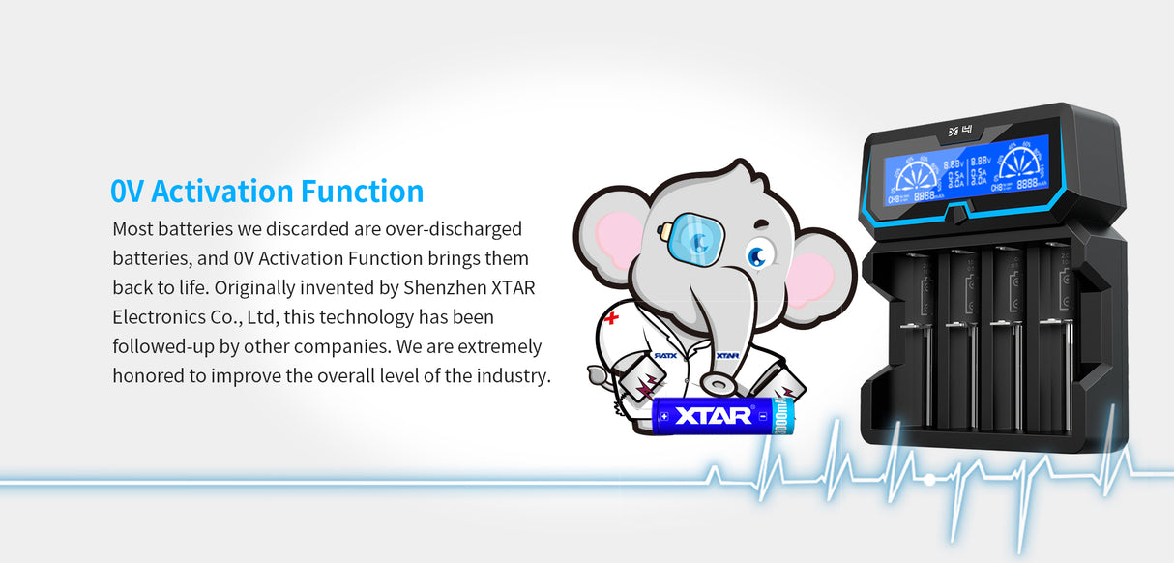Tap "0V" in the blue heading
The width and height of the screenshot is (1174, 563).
127,191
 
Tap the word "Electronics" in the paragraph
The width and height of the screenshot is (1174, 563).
158,316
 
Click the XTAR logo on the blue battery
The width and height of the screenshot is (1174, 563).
713,416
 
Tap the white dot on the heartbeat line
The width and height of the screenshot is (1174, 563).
929,479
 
